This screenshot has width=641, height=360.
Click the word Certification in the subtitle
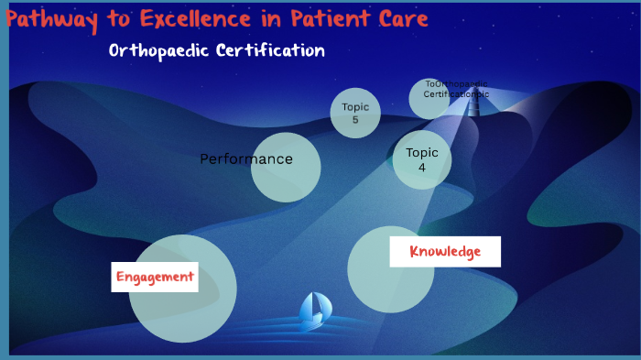[270, 50]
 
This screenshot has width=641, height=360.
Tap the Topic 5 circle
[355, 114]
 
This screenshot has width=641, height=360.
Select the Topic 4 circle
[422, 159]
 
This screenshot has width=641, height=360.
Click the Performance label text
[245, 158]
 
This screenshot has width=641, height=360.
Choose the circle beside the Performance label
[286, 168]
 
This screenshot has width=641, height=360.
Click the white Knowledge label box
[445, 251]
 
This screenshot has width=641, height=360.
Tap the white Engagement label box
[155, 276]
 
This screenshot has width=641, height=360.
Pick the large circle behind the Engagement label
[183, 302]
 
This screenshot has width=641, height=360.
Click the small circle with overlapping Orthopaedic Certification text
[429, 99]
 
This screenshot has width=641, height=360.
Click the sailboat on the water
[312, 311]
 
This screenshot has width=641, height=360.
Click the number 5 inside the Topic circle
[355, 120]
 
